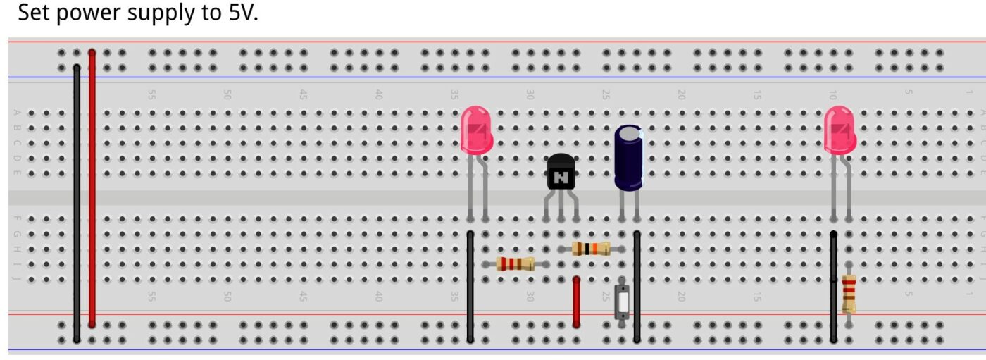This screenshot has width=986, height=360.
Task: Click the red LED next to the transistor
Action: [476, 129]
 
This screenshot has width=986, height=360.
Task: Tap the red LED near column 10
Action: [840, 129]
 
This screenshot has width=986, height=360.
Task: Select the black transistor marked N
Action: [561, 173]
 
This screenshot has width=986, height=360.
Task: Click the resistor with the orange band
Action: [591, 248]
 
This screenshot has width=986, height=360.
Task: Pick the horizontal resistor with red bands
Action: [515, 263]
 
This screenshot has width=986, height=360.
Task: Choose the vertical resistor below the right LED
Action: [849, 294]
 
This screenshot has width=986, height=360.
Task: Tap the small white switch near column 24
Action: [623, 302]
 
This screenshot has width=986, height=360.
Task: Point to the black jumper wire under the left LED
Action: [470, 285]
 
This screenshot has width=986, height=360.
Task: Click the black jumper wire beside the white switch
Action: [637, 285]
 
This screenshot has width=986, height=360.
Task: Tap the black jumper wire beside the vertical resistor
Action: [833, 285]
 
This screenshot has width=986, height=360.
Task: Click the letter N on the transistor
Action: [561, 178]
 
